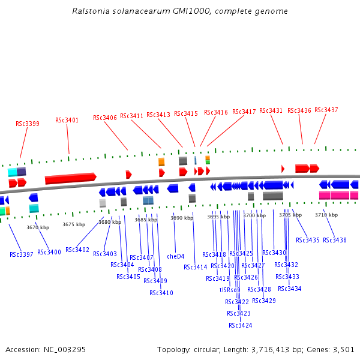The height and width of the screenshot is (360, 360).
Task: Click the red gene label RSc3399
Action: coord(28,124)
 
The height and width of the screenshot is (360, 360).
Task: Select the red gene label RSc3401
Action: coord(67,121)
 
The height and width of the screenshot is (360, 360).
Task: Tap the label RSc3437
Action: coord(326,110)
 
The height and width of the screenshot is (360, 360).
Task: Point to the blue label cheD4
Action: coord(176,256)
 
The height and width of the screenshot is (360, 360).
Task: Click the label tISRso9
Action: coord(230,290)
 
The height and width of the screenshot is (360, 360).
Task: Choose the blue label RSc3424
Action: coord(241,326)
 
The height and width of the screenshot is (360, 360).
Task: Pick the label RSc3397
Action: coord(22,254)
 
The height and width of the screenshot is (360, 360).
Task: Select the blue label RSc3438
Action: coord(335,240)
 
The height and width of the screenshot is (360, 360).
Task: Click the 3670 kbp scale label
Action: coord(38,227)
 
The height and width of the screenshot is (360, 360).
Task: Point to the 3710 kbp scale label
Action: coord(326,215)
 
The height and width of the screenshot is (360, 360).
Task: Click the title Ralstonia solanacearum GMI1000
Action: coord(179,11)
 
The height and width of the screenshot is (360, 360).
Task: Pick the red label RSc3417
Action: coord(244,112)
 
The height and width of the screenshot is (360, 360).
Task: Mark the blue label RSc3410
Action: coord(161,293)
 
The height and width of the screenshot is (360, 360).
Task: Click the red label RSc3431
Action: coord(271,111)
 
